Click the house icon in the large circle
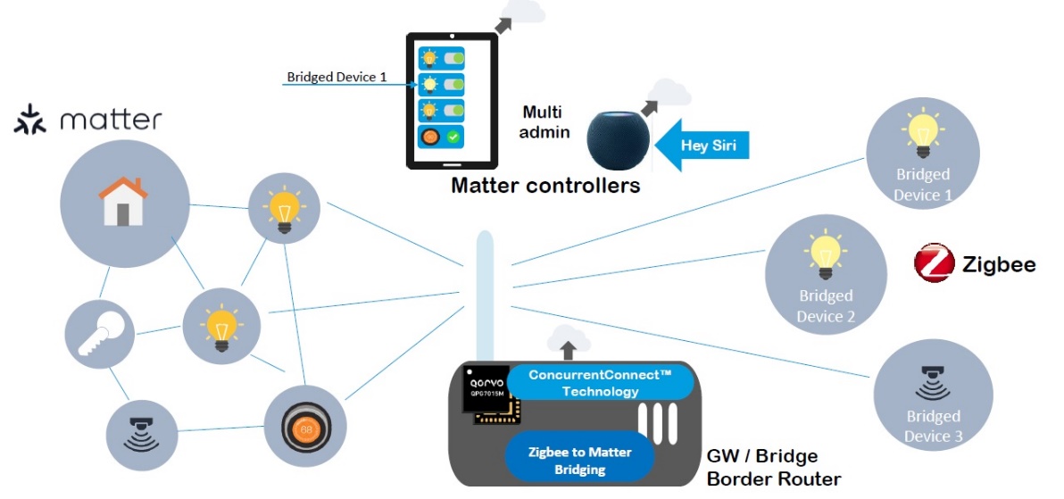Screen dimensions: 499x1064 click(123, 201)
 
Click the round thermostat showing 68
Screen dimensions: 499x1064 click(305, 428)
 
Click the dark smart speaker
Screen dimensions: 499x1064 click(618, 139)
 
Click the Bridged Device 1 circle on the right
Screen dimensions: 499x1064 click(923, 157)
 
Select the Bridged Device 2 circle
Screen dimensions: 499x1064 click(826, 275)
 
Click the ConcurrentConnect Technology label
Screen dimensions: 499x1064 click(599, 383)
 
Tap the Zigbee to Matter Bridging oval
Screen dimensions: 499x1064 click(580, 460)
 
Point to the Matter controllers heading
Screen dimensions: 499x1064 click(545, 186)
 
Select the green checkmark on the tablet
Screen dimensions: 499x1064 click(453, 137)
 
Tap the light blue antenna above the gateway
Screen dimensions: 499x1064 click(485, 295)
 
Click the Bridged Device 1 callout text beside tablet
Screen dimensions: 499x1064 click(337, 78)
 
